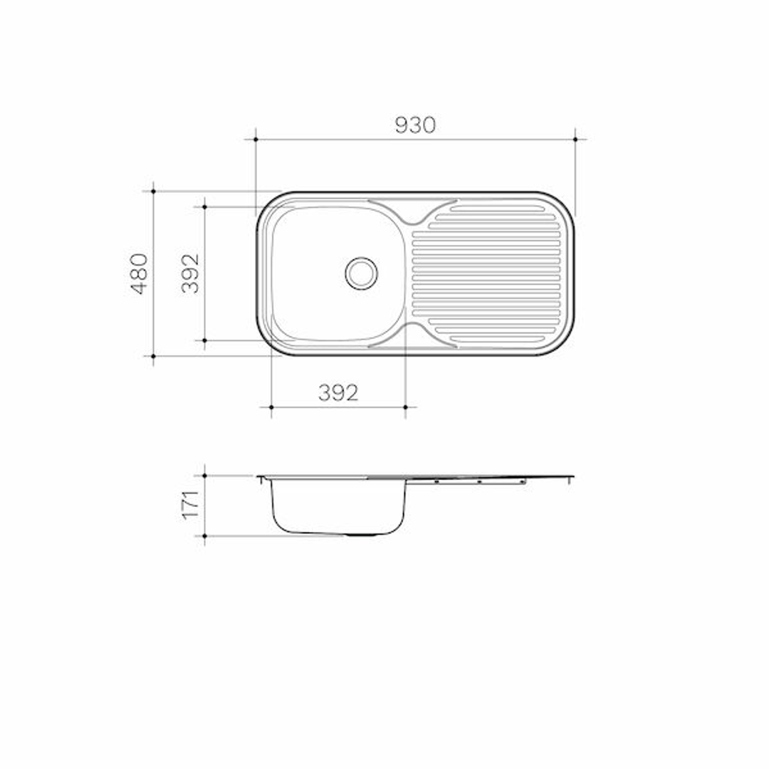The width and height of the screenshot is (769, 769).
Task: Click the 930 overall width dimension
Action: point(414,125)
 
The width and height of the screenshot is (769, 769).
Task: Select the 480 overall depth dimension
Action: point(140,273)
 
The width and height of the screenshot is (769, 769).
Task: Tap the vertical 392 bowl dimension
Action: point(190,273)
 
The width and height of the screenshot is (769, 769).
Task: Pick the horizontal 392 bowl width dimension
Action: point(338,392)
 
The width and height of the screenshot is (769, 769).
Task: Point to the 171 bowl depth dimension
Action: point(190,505)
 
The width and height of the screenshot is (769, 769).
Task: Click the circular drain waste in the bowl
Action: point(361,273)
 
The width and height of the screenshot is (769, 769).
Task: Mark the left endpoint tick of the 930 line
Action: point(256,139)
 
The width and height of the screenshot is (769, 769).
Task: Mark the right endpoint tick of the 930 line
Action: point(575,139)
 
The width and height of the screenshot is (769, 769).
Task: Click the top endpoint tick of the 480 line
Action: point(153,191)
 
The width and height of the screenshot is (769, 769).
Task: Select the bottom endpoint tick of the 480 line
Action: point(153,355)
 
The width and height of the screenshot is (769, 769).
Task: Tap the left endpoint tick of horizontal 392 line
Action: point(271,407)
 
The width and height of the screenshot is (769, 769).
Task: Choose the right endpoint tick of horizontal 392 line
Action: point(405,407)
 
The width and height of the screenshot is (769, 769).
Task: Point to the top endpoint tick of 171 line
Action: point(205,475)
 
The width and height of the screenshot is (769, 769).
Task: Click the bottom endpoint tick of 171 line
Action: point(205,535)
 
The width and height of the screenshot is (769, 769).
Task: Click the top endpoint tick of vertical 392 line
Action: point(205,206)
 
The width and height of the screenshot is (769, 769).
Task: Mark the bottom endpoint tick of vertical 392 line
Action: point(205,340)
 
